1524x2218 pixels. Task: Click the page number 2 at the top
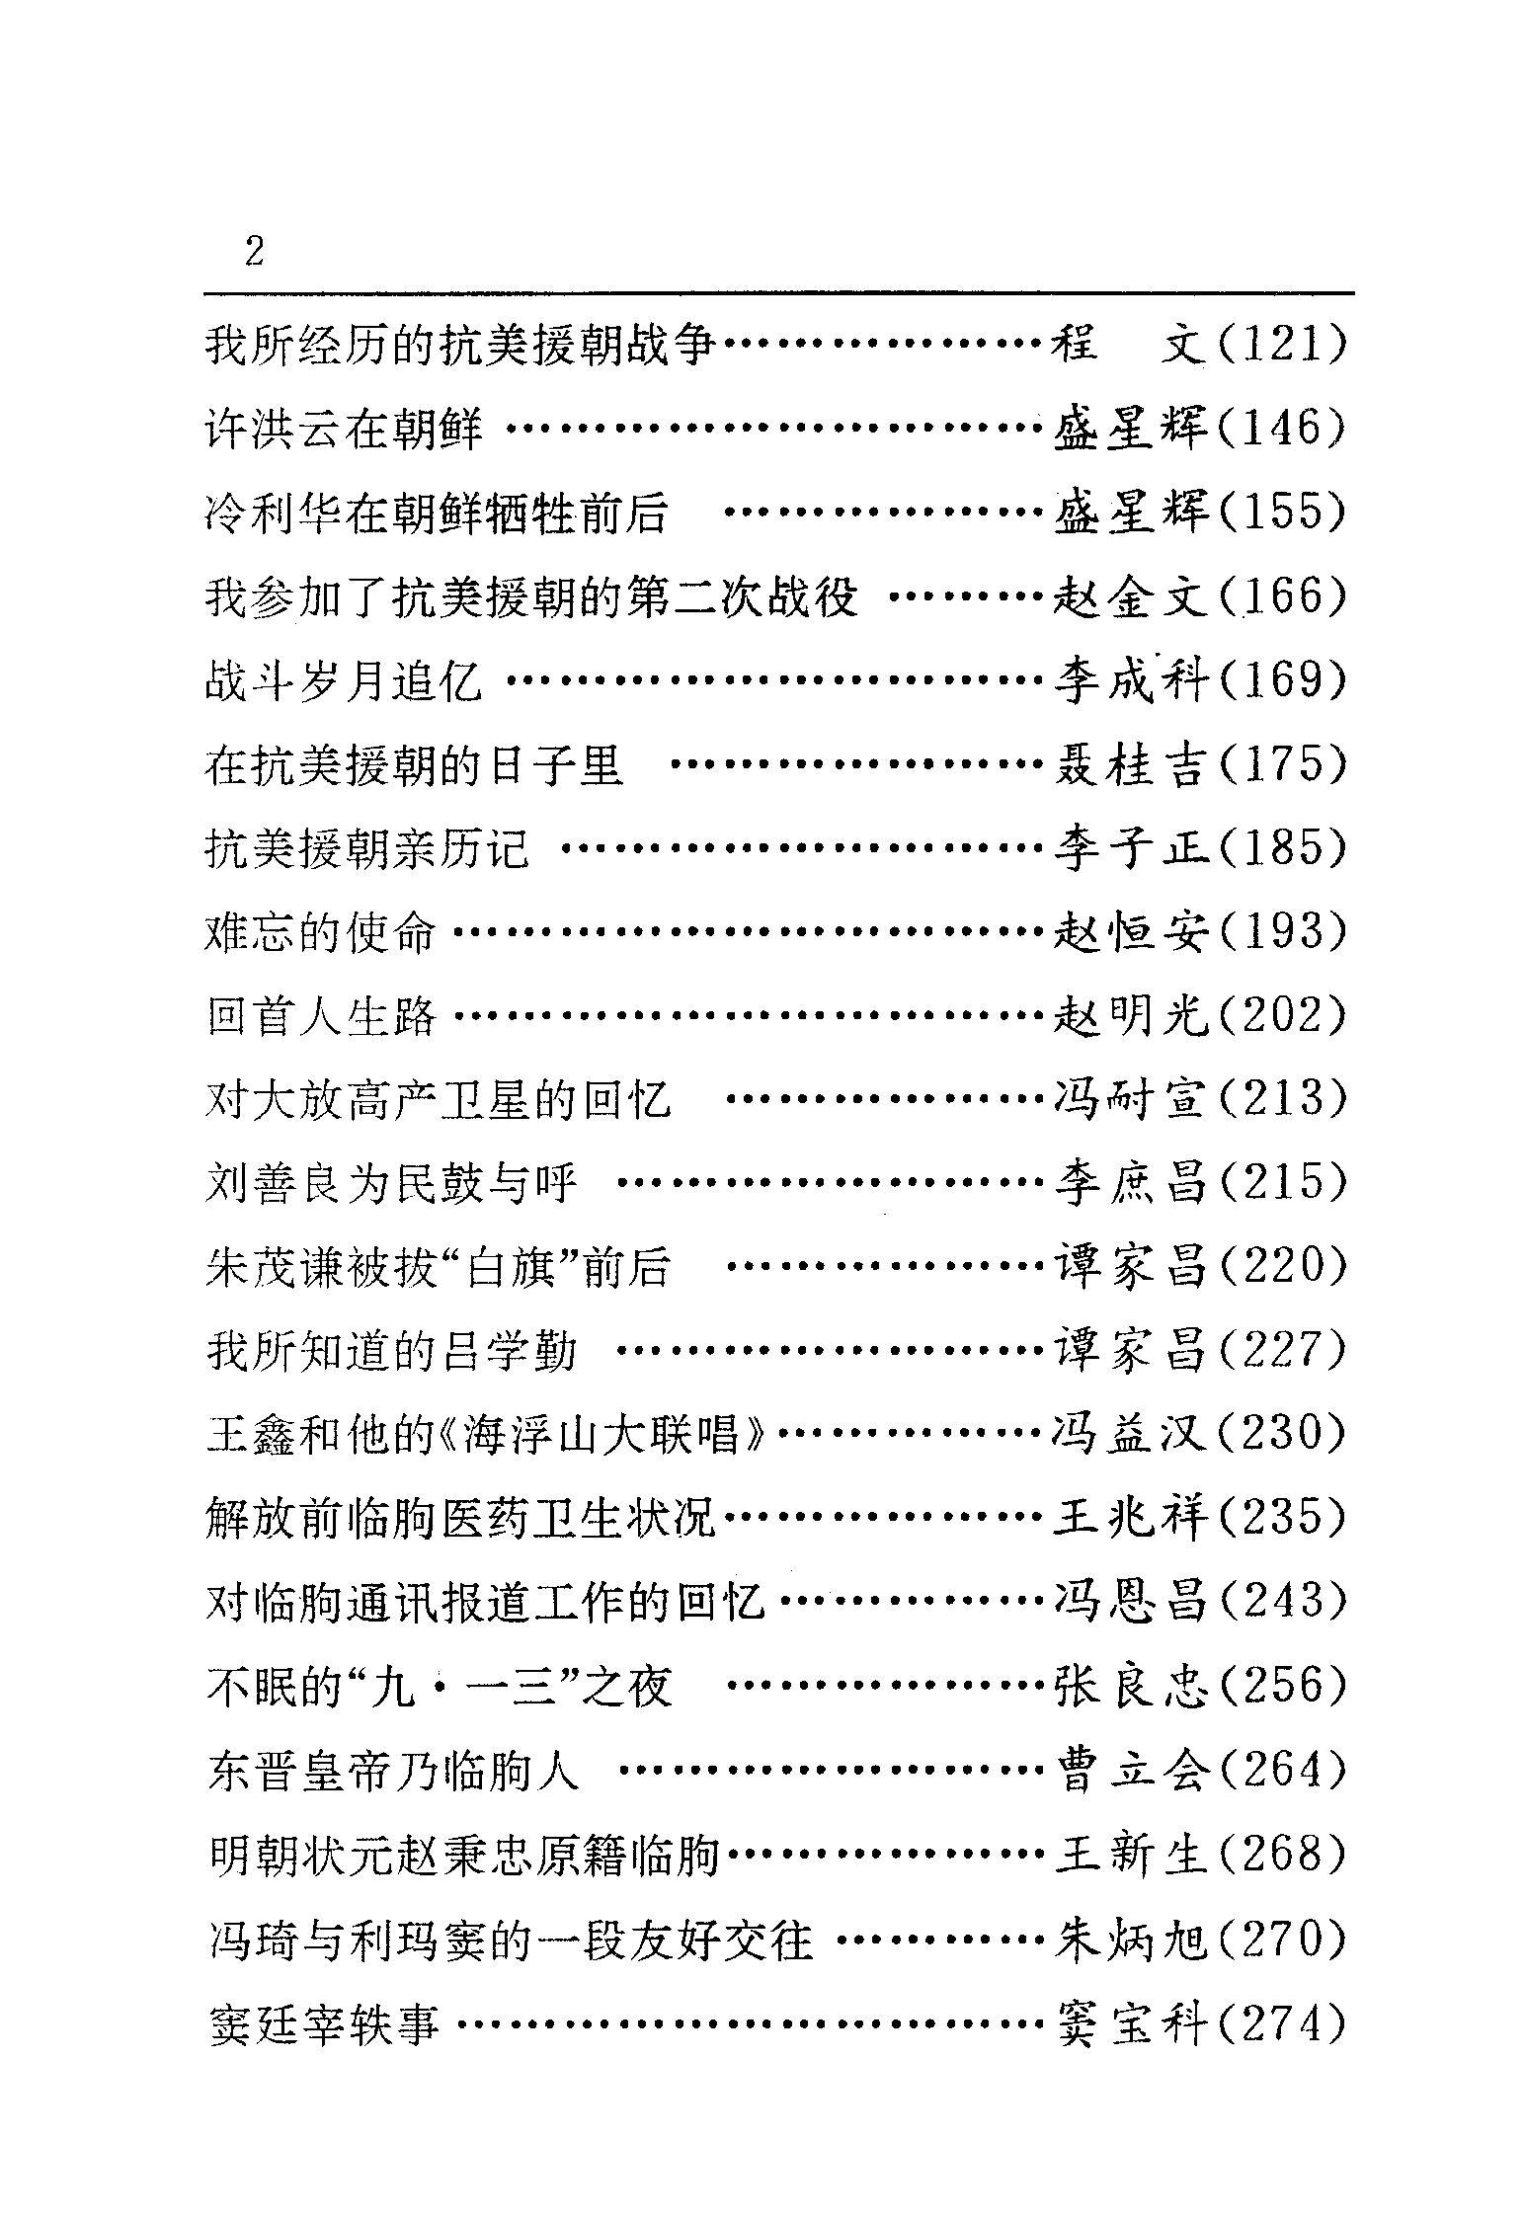(x=255, y=253)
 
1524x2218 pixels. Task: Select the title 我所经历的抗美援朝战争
(x=459, y=346)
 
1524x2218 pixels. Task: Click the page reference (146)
(x=1282, y=430)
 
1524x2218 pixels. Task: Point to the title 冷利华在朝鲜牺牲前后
(x=437, y=514)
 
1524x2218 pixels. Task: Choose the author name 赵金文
(x=1130, y=597)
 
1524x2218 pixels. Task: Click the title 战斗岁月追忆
(x=344, y=681)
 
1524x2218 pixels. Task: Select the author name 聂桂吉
(x=1130, y=765)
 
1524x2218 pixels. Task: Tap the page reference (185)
(x=1282, y=849)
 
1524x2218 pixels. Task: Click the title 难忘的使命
(x=320, y=933)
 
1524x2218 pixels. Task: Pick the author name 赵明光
(x=1130, y=1016)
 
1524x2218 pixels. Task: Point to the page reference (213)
(x=1282, y=1100)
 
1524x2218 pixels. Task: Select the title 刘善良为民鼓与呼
(x=391, y=1183)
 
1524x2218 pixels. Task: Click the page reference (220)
(x=1282, y=1267)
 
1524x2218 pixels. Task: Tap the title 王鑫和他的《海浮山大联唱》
(x=488, y=1435)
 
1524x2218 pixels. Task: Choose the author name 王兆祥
(x=1130, y=1518)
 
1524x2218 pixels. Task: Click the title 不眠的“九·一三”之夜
(x=441, y=1686)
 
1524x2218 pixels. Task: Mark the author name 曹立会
(x=1130, y=1770)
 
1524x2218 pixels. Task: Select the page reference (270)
(x=1282, y=1937)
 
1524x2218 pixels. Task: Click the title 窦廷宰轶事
(x=324, y=2020)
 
